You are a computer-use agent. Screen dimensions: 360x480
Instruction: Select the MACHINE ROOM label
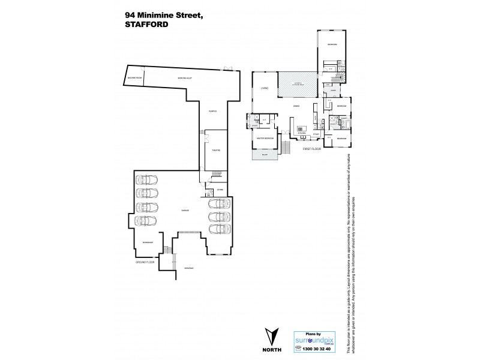[134, 79]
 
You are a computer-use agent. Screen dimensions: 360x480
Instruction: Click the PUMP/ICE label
[212, 111]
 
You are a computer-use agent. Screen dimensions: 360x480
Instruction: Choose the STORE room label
[220, 190]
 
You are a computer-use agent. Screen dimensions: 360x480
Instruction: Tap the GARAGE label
[178, 211]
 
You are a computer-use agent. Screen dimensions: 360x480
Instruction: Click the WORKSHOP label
[148, 242]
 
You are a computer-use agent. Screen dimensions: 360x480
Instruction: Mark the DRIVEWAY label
[188, 268]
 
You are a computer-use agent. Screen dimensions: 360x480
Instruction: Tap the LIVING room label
[264, 89]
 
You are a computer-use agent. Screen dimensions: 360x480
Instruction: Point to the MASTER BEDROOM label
[265, 138]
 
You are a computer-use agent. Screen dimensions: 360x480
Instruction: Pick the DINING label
[296, 106]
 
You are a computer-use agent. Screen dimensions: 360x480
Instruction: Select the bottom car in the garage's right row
[219, 229]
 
